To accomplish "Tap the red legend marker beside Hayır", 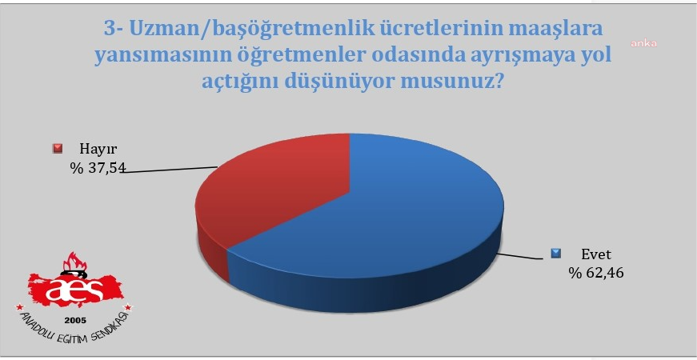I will (x=57, y=148).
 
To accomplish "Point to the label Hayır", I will (x=92, y=148).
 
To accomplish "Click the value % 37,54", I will (x=97, y=168).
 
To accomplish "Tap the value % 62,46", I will (x=595, y=274).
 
